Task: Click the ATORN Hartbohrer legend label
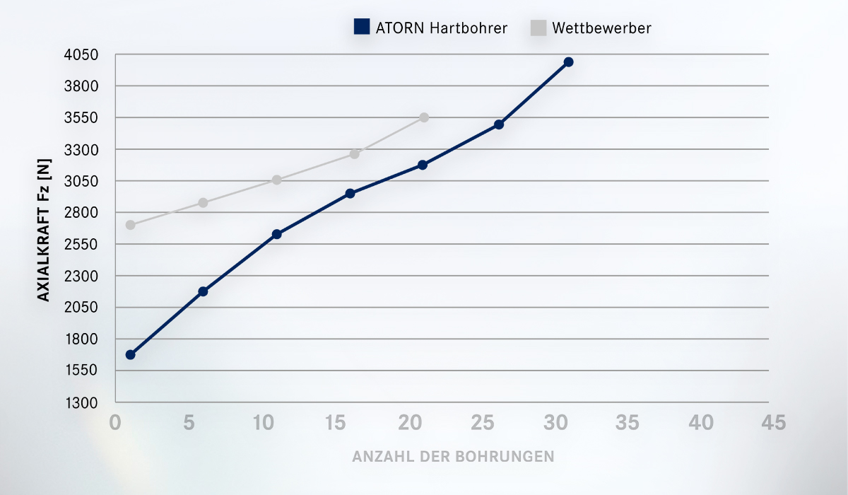[x=440, y=28]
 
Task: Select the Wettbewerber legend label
[x=601, y=28]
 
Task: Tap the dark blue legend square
[x=362, y=28]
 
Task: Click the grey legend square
[x=538, y=28]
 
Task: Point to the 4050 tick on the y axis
[x=83, y=54]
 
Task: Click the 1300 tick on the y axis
[x=83, y=402]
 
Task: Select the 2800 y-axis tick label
[x=83, y=213]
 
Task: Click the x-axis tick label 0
[x=115, y=423]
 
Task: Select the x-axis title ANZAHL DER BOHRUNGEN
[x=453, y=456]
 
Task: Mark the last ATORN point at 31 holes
[x=568, y=62]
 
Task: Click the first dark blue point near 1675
[x=130, y=354]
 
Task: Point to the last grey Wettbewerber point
[x=424, y=117]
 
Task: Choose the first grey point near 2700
[x=130, y=225]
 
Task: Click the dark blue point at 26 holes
[x=499, y=124]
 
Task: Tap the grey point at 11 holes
[x=277, y=180]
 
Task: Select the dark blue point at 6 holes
[x=203, y=291]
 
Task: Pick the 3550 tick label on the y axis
[x=83, y=117]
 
